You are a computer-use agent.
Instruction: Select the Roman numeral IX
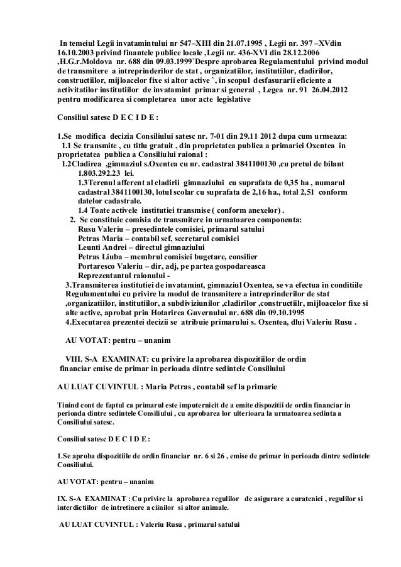click(x=62, y=499)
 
